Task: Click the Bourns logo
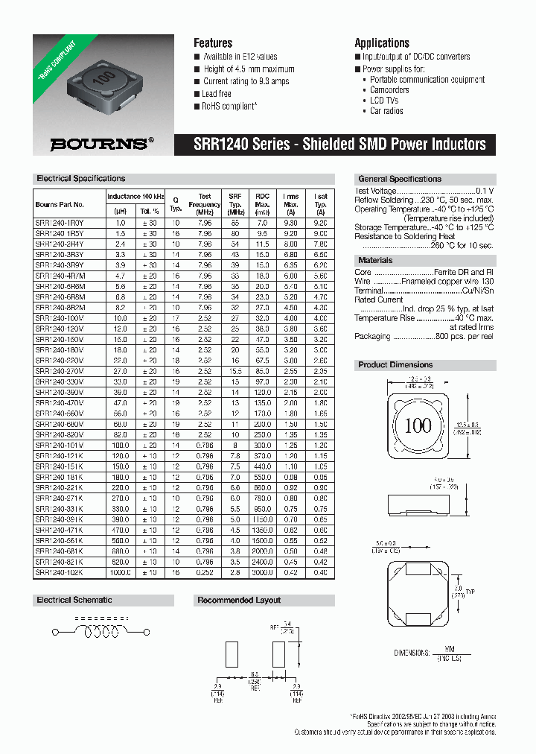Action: click(102, 144)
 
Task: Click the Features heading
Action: click(213, 43)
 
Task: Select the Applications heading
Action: click(382, 43)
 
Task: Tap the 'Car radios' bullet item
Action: click(386, 111)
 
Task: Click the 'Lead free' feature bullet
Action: click(217, 94)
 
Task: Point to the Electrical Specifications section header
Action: click(81, 179)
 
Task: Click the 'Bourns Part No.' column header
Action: click(60, 204)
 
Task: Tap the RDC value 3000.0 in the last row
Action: click(262, 572)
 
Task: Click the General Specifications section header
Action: click(400, 179)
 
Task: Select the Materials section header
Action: click(376, 260)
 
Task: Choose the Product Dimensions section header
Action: click(395, 364)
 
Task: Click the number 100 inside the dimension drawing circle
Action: click(418, 425)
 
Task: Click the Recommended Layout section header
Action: click(239, 600)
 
